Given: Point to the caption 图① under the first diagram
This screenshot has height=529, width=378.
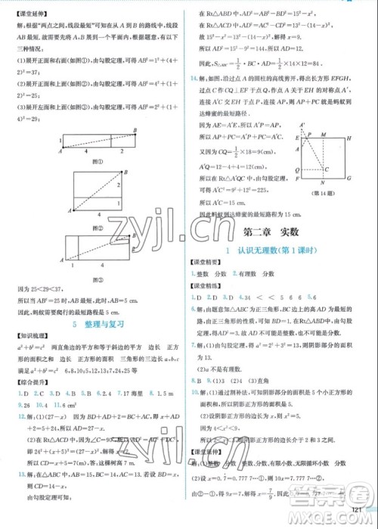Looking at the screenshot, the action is [95, 160].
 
